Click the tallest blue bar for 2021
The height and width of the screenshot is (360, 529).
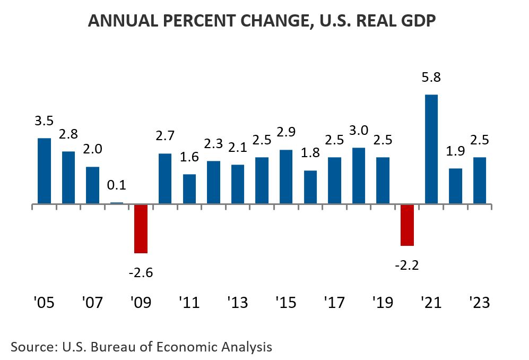pyautogui.click(x=431, y=149)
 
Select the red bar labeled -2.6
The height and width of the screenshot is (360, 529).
pyautogui.click(x=141, y=228)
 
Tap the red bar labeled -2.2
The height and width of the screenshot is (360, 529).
pyautogui.click(x=407, y=225)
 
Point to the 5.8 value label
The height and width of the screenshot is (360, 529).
pyautogui.click(x=431, y=78)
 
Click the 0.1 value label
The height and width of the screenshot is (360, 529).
pyautogui.click(x=117, y=186)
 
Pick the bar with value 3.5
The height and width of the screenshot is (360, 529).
pyautogui.click(x=44, y=171)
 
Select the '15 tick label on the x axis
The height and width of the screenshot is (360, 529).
pyautogui.click(x=285, y=303)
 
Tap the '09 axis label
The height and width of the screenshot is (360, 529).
pyautogui.click(x=140, y=303)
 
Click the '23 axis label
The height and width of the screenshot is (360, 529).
pyautogui.click(x=479, y=303)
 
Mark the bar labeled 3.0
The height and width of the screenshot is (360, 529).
pyautogui.click(x=359, y=176)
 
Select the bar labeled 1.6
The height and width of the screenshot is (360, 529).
pyautogui.click(x=189, y=189)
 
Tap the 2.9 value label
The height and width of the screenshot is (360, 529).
pyautogui.click(x=286, y=132)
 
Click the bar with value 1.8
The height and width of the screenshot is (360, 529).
pyautogui.click(x=310, y=187)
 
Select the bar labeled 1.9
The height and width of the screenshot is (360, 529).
pyautogui.click(x=455, y=186)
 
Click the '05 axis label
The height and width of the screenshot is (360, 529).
pyautogui.click(x=44, y=303)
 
